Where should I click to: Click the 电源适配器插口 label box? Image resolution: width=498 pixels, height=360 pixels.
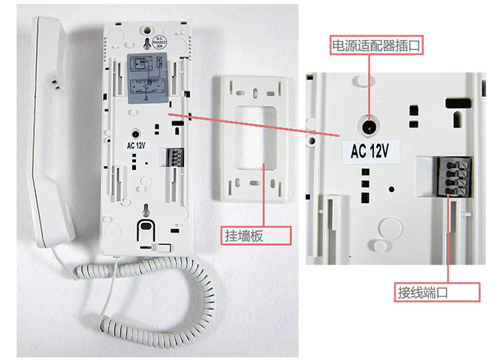click(376, 45)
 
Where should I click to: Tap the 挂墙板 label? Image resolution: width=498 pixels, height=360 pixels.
click(255, 235)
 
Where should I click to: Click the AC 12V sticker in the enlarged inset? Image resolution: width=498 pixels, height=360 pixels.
click(370, 151)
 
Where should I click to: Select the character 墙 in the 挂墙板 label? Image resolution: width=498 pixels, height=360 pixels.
click(254, 235)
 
